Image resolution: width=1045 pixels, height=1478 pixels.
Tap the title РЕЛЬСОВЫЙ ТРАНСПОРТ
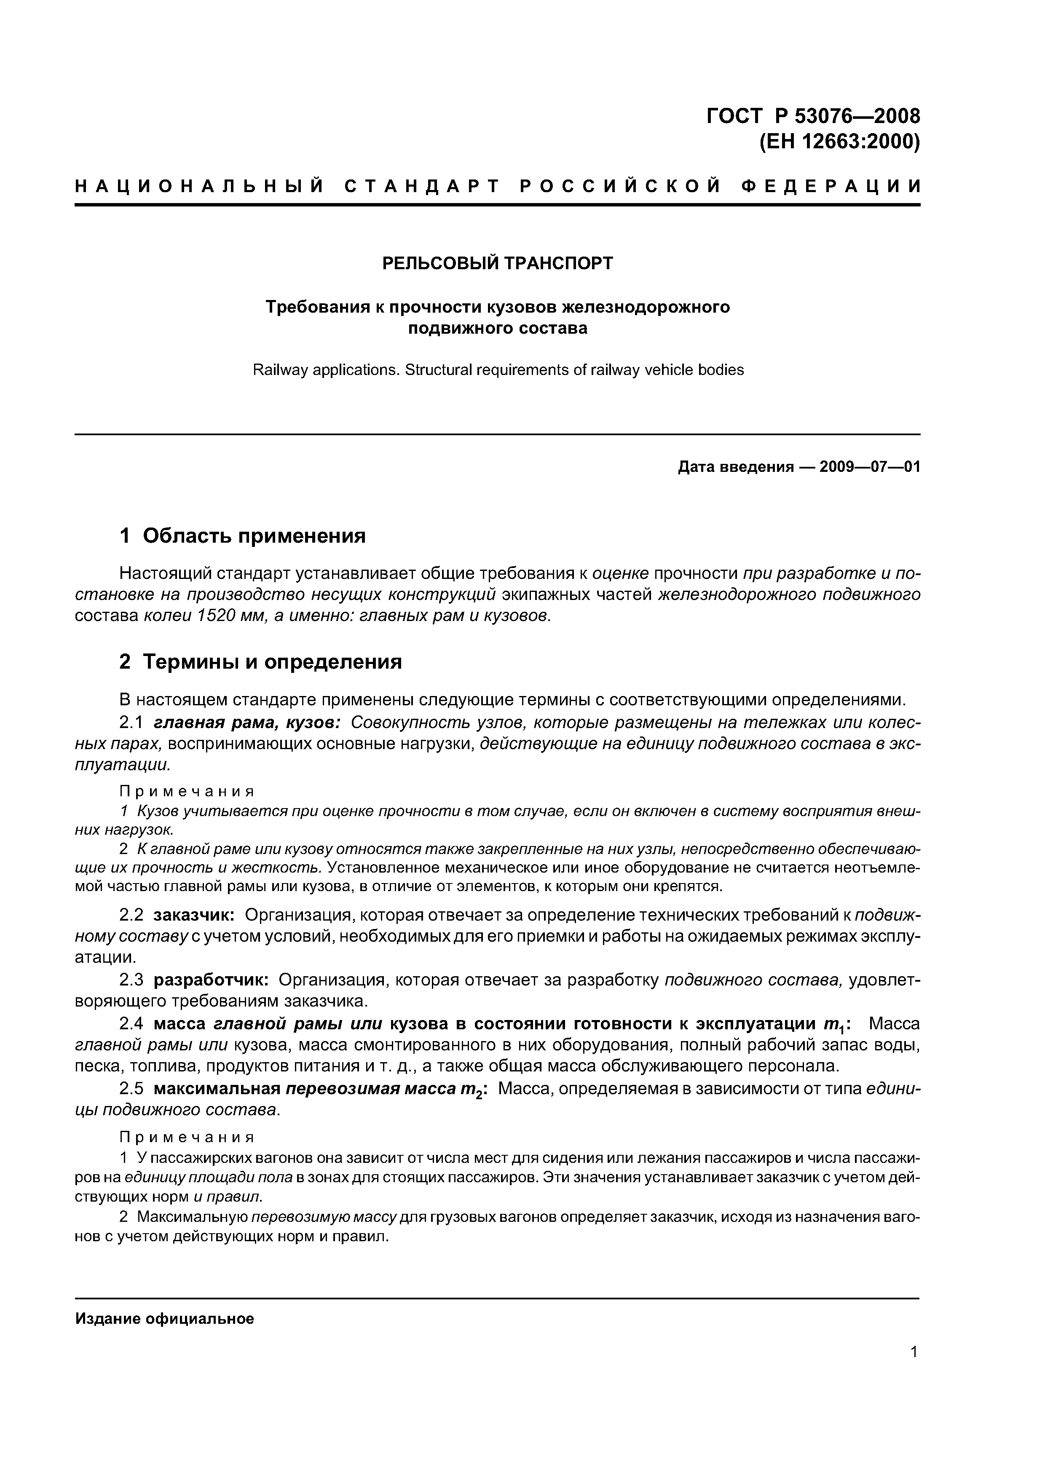(498, 263)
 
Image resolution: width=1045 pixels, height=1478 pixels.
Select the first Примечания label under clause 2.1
(187, 790)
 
